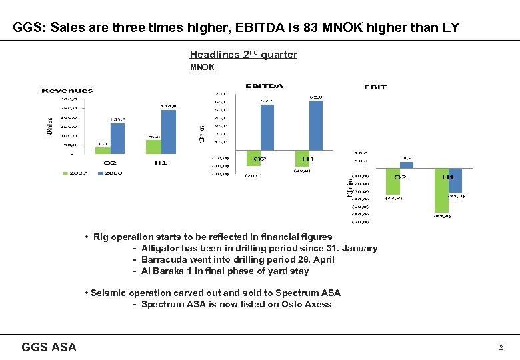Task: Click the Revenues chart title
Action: (67, 91)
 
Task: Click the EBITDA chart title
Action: (264, 86)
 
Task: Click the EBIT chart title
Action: (375, 87)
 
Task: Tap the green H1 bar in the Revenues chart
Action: (153, 147)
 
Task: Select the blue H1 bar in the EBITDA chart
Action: (316, 126)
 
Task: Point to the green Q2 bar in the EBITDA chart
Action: (253, 158)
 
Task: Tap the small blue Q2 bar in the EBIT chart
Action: (407, 165)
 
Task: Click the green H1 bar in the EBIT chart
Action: (441, 190)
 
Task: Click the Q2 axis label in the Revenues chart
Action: (110, 162)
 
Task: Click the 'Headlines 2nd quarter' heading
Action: (243, 55)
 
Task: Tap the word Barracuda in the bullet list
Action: (164, 260)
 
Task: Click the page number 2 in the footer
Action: (499, 348)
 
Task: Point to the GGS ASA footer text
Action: (49, 347)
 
